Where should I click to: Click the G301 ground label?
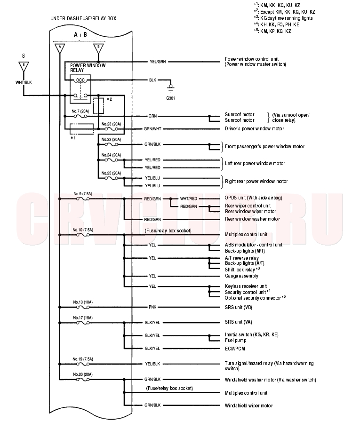pyautogui.click(x=170, y=98)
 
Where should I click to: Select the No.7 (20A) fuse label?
pyautogui.click(x=80, y=111)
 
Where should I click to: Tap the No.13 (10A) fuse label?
pyautogui.click(x=83, y=302)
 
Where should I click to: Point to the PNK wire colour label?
pyautogui.click(x=152, y=307)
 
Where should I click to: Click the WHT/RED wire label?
pyautogui.click(x=189, y=199)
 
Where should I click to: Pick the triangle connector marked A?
pyautogui.click(x=60, y=48)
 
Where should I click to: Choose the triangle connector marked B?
pyautogui.click(x=98, y=48)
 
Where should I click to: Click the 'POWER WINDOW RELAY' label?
pyautogui.click(x=88, y=68)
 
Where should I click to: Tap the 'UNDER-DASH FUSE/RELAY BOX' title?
pyautogui.click(x=83, y=19)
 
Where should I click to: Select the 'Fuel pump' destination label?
pyautogui.click(x=235, y=340)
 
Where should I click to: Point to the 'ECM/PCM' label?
pyautogui.click(x=235, y=349)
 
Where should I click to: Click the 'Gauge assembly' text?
pyautogui.click(x=241, y=276)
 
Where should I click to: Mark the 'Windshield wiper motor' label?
pyautogui.click(x=249, y=405)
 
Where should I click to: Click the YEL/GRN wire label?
pyautogui.click(x=158, y=62)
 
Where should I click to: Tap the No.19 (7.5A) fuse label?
pyautogui.click(x=83, y=359)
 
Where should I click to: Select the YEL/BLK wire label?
pyautogui.click(x=152, y=364)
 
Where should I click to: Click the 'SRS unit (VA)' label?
pyautogui.click(x=239, y=322)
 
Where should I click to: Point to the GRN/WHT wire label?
pyautogui.click(x=152, y=129)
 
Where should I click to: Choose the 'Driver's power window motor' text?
pyautogui.click(x=255, y=128)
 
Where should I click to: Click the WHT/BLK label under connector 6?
pyautogui.click(x=24, y=82)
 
